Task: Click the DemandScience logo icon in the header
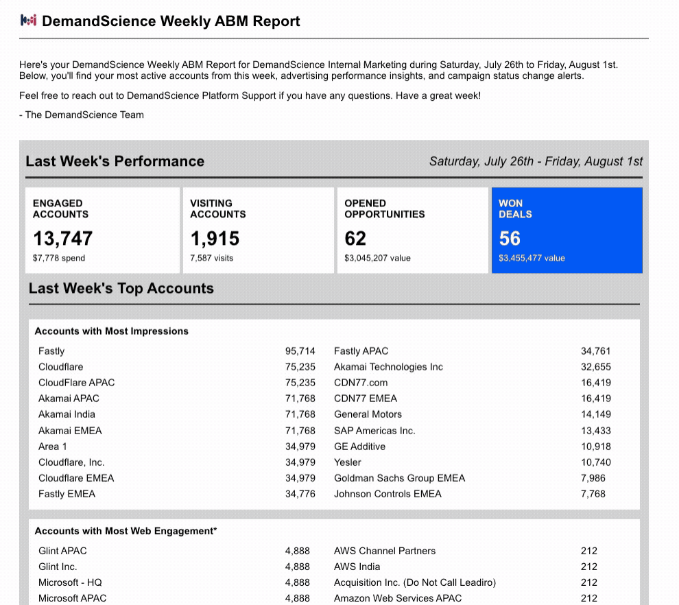point(29,21)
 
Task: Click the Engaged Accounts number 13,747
point(63,238)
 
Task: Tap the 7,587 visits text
point(211,258)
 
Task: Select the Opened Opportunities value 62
point(355,238)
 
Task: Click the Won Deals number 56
point(510,238)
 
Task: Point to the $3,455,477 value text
point(532,258)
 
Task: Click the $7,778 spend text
point(59,258)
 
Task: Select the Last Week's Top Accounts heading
point(121,288)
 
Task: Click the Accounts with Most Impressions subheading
point(111,331)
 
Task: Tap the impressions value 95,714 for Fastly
point(300,351)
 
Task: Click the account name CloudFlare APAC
point(76,383)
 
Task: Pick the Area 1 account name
point(52,447)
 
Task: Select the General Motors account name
point(368,414)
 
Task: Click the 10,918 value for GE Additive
point(596,447)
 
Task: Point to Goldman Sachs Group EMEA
point(399,478)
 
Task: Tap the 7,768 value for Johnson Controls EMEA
point(593,494)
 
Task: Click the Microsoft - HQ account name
point(70,582)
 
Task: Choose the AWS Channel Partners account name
point(385,551)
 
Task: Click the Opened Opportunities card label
point(385,209)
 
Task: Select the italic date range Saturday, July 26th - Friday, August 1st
point(536,161)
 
